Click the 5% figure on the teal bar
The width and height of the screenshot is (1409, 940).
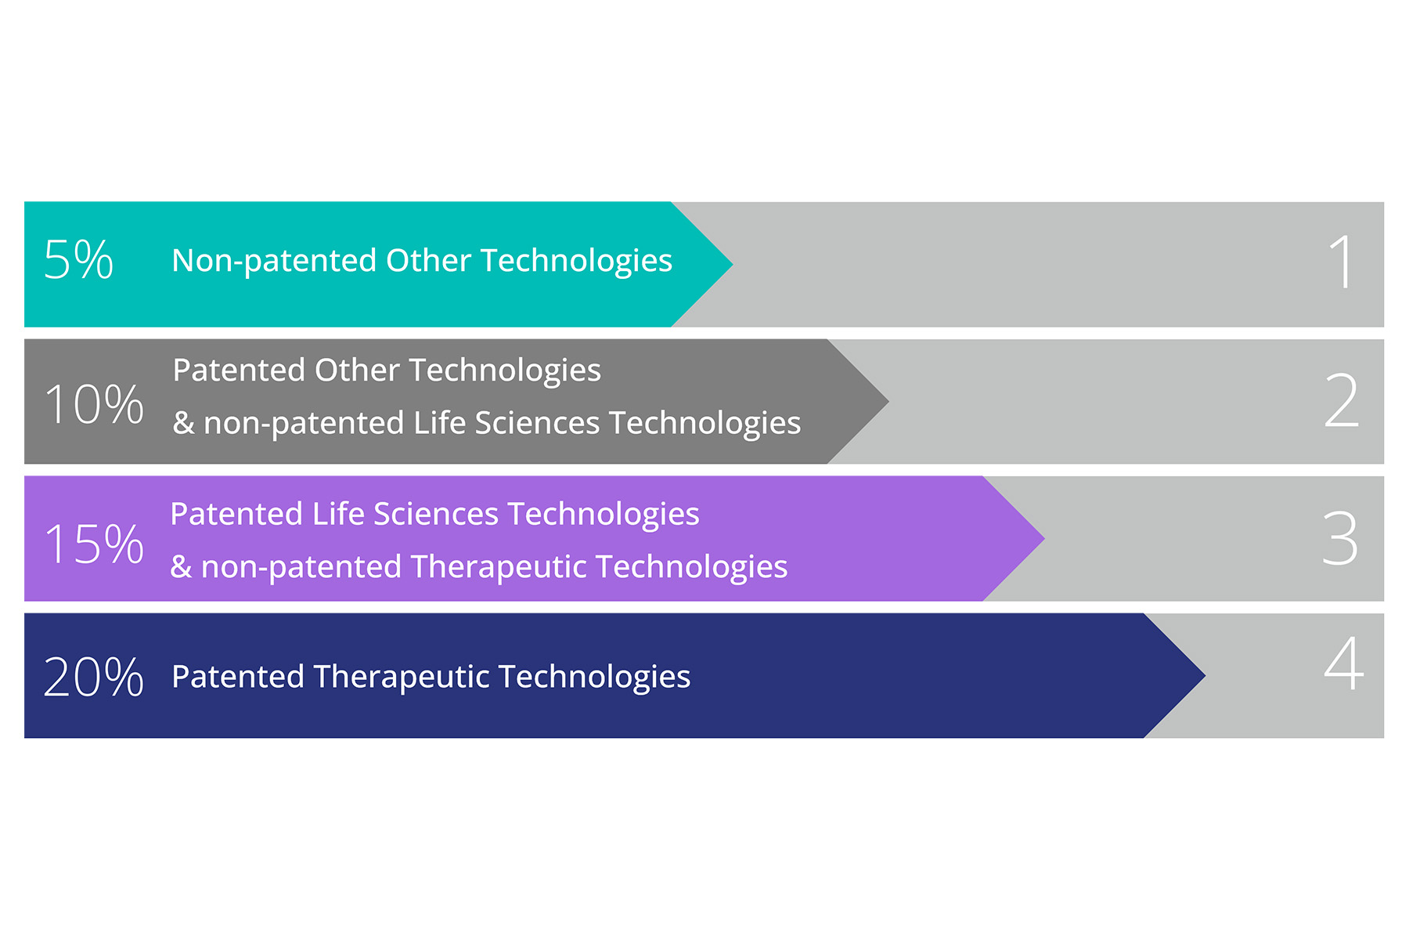78,259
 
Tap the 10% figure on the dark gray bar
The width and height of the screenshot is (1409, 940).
94,404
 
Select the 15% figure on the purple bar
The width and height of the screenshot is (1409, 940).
94,544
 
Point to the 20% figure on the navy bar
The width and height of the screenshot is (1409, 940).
94,677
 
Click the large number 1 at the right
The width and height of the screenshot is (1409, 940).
1342,262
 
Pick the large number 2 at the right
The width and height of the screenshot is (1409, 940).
1342,400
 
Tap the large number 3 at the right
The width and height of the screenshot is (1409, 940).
1340,538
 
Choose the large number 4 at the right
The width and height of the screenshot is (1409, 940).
1343,663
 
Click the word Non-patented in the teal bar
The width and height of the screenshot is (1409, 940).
274,262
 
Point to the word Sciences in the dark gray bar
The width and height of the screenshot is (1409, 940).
538,423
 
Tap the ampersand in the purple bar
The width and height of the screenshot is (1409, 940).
181,566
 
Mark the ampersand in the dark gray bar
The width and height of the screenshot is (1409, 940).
183,423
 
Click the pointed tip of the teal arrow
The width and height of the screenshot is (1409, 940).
732,265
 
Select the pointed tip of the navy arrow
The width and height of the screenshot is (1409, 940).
1205,675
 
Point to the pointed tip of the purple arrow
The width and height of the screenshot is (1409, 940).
1044,538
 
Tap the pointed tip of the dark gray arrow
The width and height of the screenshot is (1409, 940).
888,401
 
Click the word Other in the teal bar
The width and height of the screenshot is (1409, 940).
428,260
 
